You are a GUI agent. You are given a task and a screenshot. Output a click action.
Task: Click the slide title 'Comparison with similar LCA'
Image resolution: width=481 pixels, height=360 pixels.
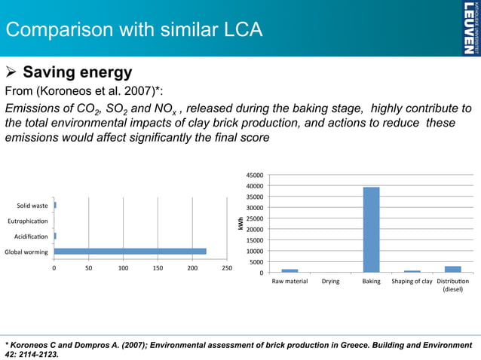tap(134, 31)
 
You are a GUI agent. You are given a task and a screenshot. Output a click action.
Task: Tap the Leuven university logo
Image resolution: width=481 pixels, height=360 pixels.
tap(468, 28)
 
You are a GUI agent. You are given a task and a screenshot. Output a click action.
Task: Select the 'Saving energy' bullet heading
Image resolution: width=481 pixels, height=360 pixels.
tap(78, 73)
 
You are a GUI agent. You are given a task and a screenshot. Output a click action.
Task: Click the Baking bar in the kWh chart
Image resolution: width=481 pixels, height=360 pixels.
tap(371, 229)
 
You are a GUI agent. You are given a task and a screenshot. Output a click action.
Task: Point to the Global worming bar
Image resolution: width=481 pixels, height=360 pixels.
tap(130, 251)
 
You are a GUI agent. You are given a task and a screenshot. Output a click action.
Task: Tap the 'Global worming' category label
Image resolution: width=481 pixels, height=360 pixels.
tap(26, 251)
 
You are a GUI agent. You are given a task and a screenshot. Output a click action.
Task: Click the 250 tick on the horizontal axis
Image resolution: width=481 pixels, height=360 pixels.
tap(227, 267)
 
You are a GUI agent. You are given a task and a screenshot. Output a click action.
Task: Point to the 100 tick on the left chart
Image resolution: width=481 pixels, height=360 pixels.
tap(123, 267)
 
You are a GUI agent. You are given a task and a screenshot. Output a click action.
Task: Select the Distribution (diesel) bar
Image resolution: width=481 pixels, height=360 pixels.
tap(452, 269)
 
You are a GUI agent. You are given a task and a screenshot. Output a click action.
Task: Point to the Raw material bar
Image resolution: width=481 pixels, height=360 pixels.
tap(290, 270)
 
